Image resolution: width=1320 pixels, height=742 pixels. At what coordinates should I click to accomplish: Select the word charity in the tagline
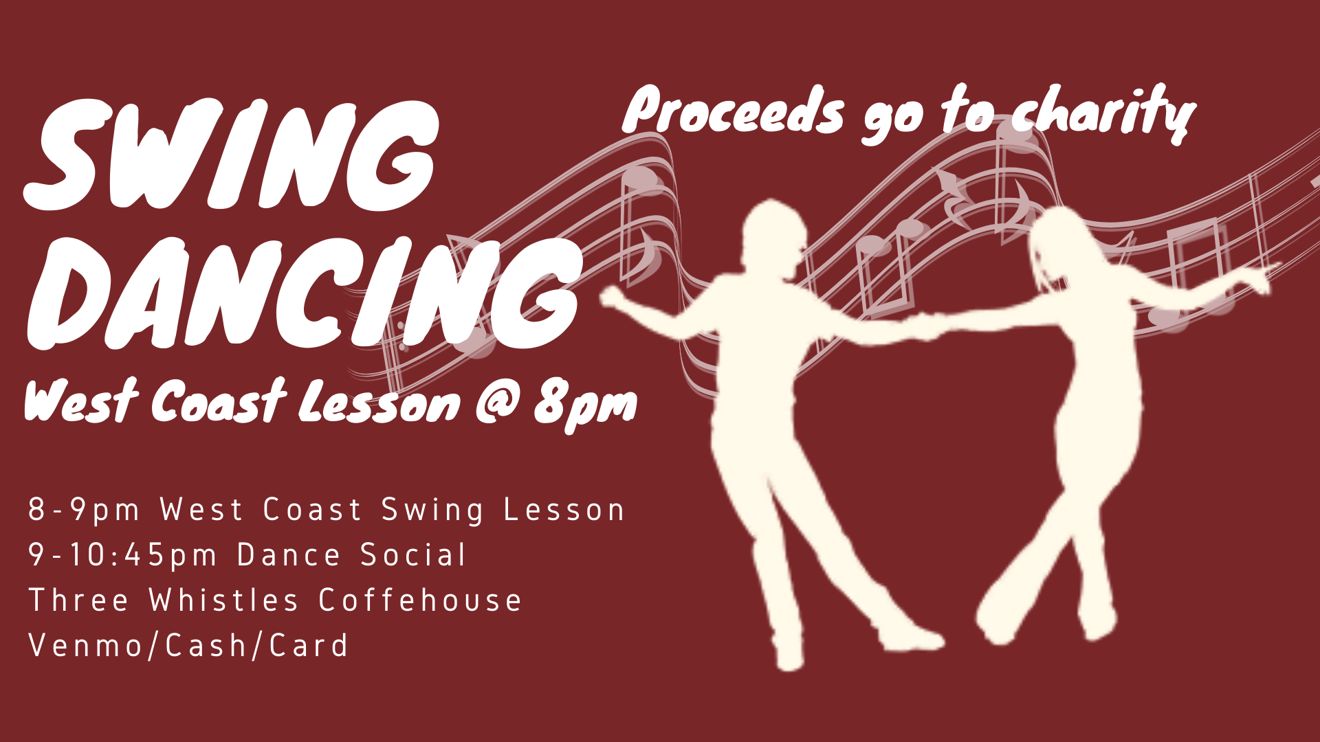coord(1104,113)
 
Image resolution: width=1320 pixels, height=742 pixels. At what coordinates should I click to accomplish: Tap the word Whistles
coord(223,600)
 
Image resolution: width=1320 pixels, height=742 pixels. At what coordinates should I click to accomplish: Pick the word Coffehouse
coord(420,600)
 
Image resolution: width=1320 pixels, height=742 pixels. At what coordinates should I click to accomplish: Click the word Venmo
coord(85,646)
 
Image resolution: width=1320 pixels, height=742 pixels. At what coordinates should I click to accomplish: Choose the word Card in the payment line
coord(309,646)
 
